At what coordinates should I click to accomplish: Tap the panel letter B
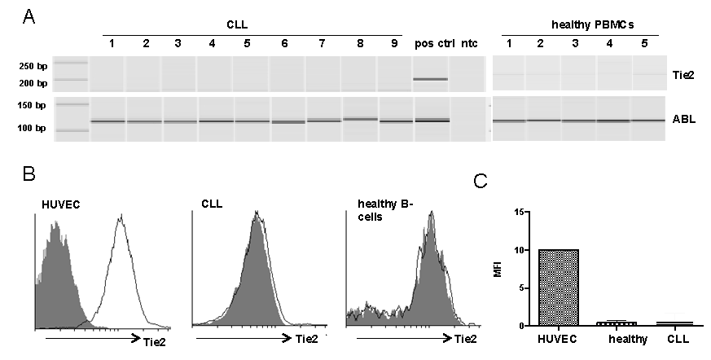(x=26, y=174)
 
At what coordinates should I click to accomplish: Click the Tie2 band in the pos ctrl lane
(x=431, y=79)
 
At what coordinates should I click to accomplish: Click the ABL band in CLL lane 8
(x=359, y=119)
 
